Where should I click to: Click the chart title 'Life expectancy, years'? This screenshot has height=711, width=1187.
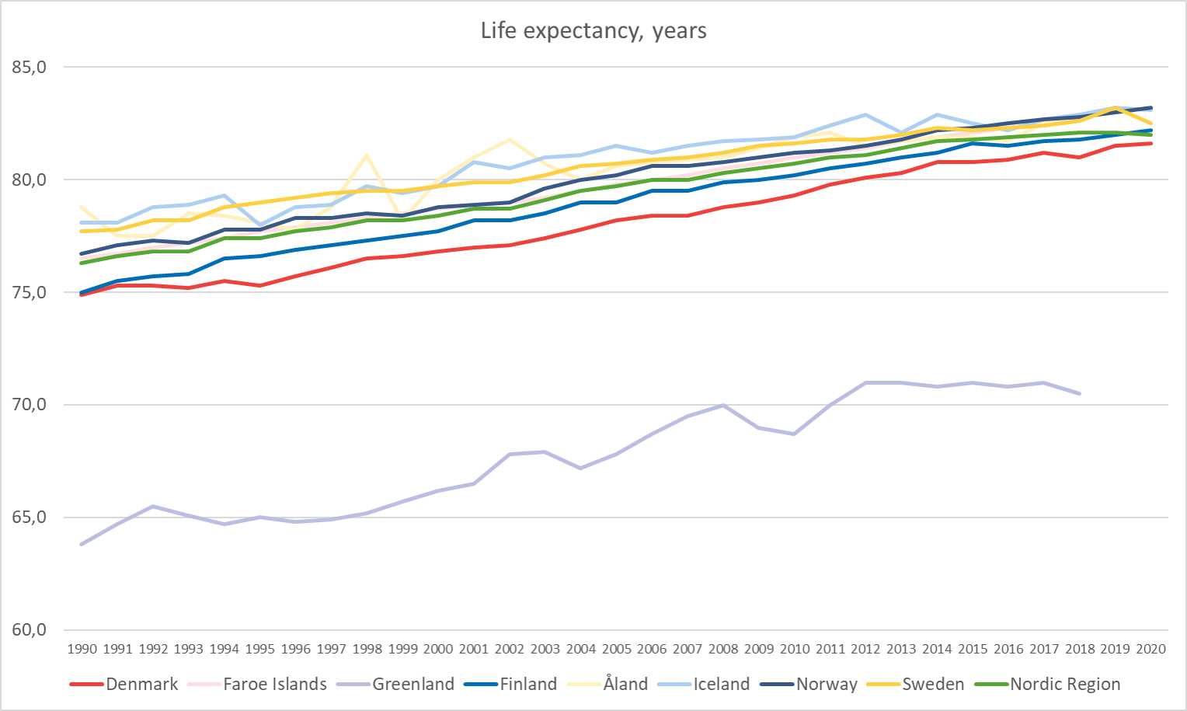[593, 31]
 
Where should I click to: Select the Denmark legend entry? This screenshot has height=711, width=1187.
[141, 685]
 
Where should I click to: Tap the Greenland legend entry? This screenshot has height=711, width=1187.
[412, 685]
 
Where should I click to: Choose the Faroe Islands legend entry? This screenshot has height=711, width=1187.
[274, 685]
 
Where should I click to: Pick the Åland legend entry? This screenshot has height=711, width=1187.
[625, 685]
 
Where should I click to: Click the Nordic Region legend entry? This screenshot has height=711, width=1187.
[1064, 685]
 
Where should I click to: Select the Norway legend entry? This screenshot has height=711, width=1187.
[826, 685]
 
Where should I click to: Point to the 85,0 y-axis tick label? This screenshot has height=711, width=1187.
[30, 68]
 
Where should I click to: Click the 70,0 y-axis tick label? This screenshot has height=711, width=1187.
[30, 405]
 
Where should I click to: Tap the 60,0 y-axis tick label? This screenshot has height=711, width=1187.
[30, 630]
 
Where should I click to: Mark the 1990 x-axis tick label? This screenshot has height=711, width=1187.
[82, 649]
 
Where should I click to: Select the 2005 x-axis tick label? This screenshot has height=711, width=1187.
[616, 649]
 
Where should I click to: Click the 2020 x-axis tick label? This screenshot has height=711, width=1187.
[1150, 649]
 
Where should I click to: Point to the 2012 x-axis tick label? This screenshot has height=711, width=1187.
[865, 649]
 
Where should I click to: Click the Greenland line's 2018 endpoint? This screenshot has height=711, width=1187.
[1079, 393]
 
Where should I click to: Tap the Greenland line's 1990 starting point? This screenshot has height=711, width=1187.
[82, 544]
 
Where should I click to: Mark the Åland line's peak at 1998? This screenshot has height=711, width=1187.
[367, 155]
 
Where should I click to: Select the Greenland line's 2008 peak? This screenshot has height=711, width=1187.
[723, 405]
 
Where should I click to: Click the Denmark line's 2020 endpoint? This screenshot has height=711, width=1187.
[1150, 144]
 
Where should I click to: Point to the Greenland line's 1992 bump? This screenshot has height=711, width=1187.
[153, 506]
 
